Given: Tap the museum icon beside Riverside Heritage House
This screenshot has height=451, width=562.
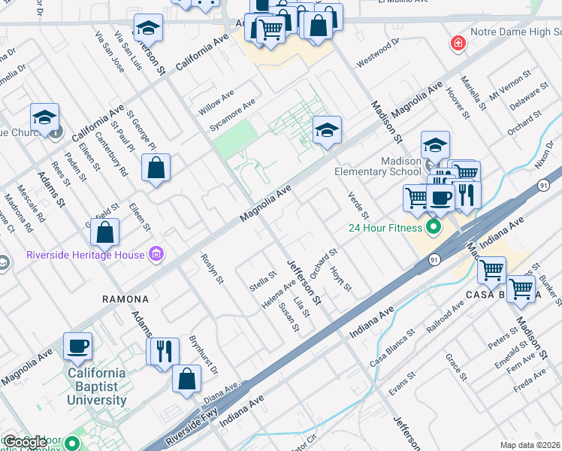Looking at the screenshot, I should [x=156, y=255].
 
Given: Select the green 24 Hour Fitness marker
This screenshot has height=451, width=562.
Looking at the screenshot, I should [x=433, y=225].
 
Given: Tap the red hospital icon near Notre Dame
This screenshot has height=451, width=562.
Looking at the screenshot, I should [x=457, y=44].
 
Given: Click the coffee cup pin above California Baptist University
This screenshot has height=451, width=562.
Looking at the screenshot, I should [x=78, y=347].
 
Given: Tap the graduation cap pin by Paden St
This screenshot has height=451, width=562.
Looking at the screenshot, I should [x=44, y=118].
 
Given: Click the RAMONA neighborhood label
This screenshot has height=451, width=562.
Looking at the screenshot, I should [x=125, y=299].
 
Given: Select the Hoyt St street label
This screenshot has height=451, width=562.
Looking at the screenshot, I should [x=342, y=276].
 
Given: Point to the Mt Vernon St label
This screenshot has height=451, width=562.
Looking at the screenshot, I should [x=509, y=85].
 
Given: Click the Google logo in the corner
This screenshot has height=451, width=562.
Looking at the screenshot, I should [x=24, y=442].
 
